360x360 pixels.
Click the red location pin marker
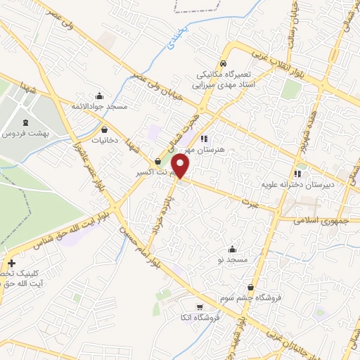[181, 166]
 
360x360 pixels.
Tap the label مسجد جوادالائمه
[98, 106]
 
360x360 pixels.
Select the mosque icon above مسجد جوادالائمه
[99, 96]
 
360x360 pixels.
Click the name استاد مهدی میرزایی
[222, 83]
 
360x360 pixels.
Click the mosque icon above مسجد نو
[233, 249]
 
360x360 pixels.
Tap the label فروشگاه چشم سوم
[258, 297]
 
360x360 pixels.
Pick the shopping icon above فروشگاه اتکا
[200, 307]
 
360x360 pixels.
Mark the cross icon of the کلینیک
[11, 263]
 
